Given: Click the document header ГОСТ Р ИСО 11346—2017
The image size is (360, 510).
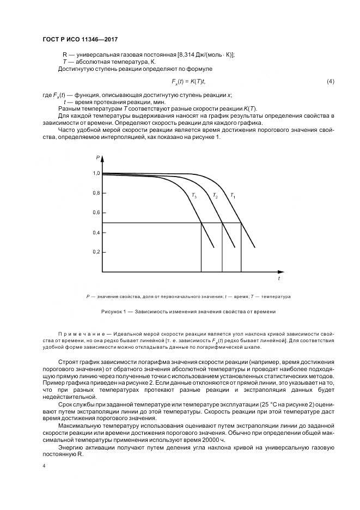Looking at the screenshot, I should pyautogui.click(x=80, y=40).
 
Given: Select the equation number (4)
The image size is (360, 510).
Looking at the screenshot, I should pyautogui.click(x=330, y=81).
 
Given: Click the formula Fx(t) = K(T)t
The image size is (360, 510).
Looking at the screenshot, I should pyautogui.click(x=187, y=81).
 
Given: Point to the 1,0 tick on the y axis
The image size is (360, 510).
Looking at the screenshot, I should pyautogui.click(x=96, y=173).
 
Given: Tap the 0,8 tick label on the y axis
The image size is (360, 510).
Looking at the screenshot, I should pyautogui.click(x=96, y=193).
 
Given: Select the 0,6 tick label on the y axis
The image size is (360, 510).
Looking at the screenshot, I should pyautogui.click(x=96, y=212).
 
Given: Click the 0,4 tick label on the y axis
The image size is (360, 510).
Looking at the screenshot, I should pyautogui.click(x=96, y=233).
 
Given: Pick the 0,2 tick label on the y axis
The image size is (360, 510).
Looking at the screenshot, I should pyautogui.click(x=96, y=252).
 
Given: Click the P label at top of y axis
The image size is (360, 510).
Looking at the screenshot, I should pyautogui.click(x=98, y=157).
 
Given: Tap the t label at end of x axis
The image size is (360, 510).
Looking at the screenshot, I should pyautogui.click(x=279, y=278).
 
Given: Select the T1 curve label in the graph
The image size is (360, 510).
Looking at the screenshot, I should pyautogui.click(x=233, y=195).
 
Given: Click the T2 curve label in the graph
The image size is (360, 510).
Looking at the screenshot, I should pyautogui.click(x=215, y=195).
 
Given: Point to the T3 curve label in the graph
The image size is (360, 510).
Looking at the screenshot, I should pyautogui.click(x=194, y=195).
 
